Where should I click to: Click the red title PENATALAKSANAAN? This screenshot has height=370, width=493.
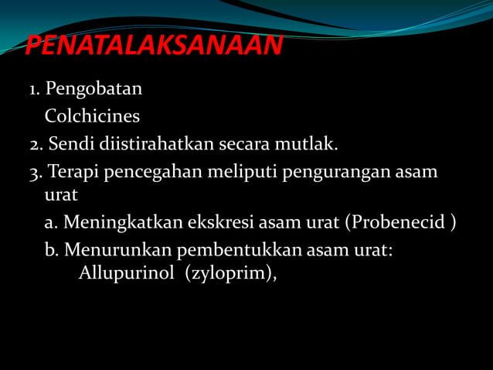pos(154,46)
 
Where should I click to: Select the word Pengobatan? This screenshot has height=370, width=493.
pos(93,90)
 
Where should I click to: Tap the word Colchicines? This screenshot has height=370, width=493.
pos(92,117)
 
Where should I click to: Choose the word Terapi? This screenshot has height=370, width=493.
pos(72,172)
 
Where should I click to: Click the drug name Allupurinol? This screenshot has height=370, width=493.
pos(127,274)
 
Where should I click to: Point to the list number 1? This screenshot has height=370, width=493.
pos(34,90)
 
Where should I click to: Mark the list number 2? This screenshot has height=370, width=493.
pos(36,145)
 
